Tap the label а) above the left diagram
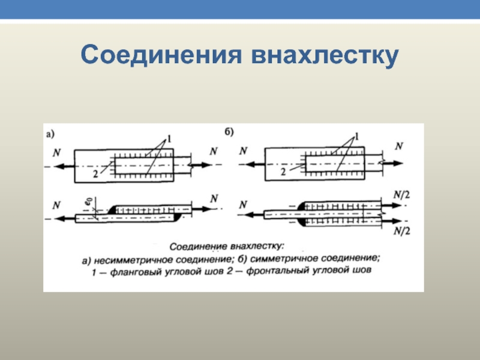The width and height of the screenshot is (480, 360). (x=52, y=134)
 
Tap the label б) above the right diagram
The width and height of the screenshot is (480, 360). (x=229, y=131)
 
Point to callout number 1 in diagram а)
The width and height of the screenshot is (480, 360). (x=169, y=139)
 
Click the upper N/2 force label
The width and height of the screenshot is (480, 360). (x=401, y=195)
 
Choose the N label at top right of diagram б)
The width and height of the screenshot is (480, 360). (x=400, y=146)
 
